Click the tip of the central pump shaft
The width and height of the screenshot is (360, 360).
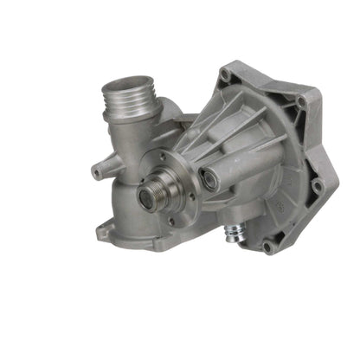pos(146,197)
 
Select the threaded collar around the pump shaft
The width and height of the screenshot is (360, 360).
pos(153,190)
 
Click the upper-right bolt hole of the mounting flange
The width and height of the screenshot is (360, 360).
pos(300,102)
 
